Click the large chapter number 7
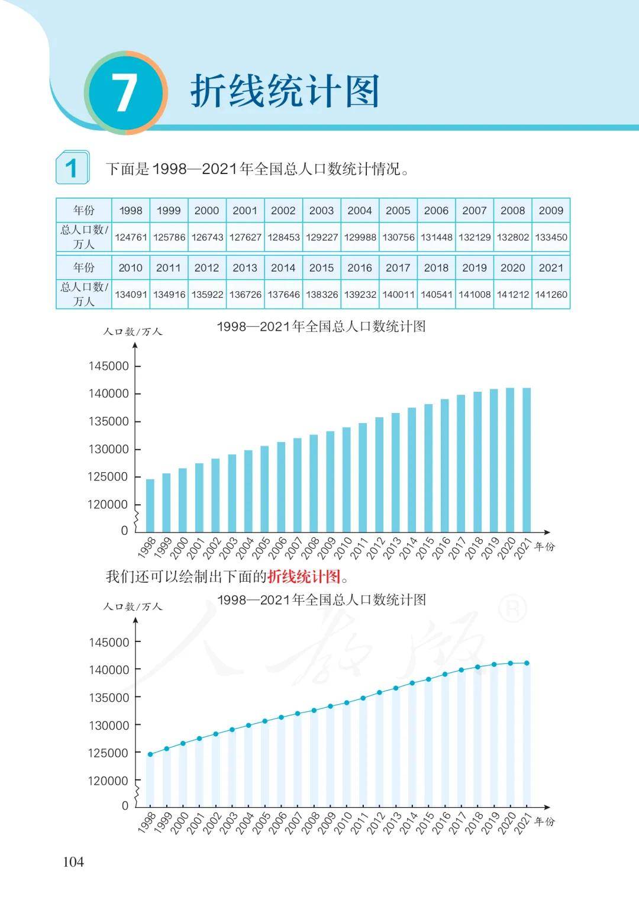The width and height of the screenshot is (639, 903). coord(125,93)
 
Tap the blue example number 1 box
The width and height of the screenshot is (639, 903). coord(72,167)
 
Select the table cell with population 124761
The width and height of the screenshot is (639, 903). coord(131,237)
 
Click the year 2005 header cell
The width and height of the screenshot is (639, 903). coord(398,211)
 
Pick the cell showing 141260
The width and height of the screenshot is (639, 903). coord(551,294)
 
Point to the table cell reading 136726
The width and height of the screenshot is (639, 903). coord(245,294)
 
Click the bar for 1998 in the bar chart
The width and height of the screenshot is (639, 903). coord(150,505)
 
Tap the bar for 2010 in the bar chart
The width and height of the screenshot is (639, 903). coord(347,479)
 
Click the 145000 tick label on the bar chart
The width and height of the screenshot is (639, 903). coord(109,366)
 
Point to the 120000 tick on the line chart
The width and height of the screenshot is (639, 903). coord(109,781)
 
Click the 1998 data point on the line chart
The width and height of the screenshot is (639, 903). coord(150,754)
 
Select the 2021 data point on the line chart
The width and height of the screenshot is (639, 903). coord(527,663)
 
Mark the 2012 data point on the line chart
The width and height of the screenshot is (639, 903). coord(379,692)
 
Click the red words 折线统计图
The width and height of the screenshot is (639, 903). coord(304,576)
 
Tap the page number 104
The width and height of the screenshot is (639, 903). coord(73,862)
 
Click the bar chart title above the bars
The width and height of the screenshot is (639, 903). coord(321,327)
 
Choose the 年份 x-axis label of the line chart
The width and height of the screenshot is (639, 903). coord(544,821)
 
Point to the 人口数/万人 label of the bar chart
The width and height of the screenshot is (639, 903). coord(133,332)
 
